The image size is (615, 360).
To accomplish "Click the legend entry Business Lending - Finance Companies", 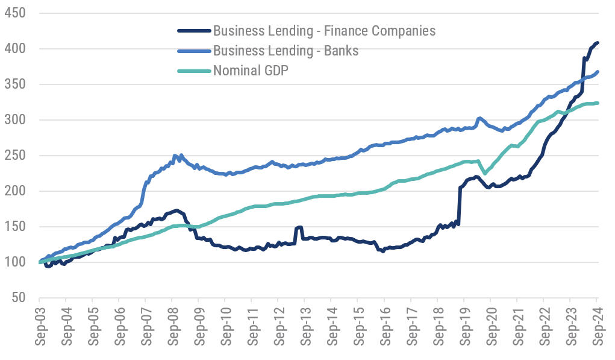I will coord(324,30).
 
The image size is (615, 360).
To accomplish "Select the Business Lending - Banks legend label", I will coord(286,51).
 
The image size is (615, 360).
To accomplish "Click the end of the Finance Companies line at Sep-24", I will coord(597,43).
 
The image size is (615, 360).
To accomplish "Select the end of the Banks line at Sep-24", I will coord(597,72).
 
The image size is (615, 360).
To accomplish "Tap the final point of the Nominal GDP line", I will coord(597,103).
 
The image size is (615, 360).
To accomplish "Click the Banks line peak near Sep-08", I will coord(175,156).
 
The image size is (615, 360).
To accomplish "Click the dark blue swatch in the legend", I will coord(193,30).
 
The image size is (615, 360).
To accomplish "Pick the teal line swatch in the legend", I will coord(193,71).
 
